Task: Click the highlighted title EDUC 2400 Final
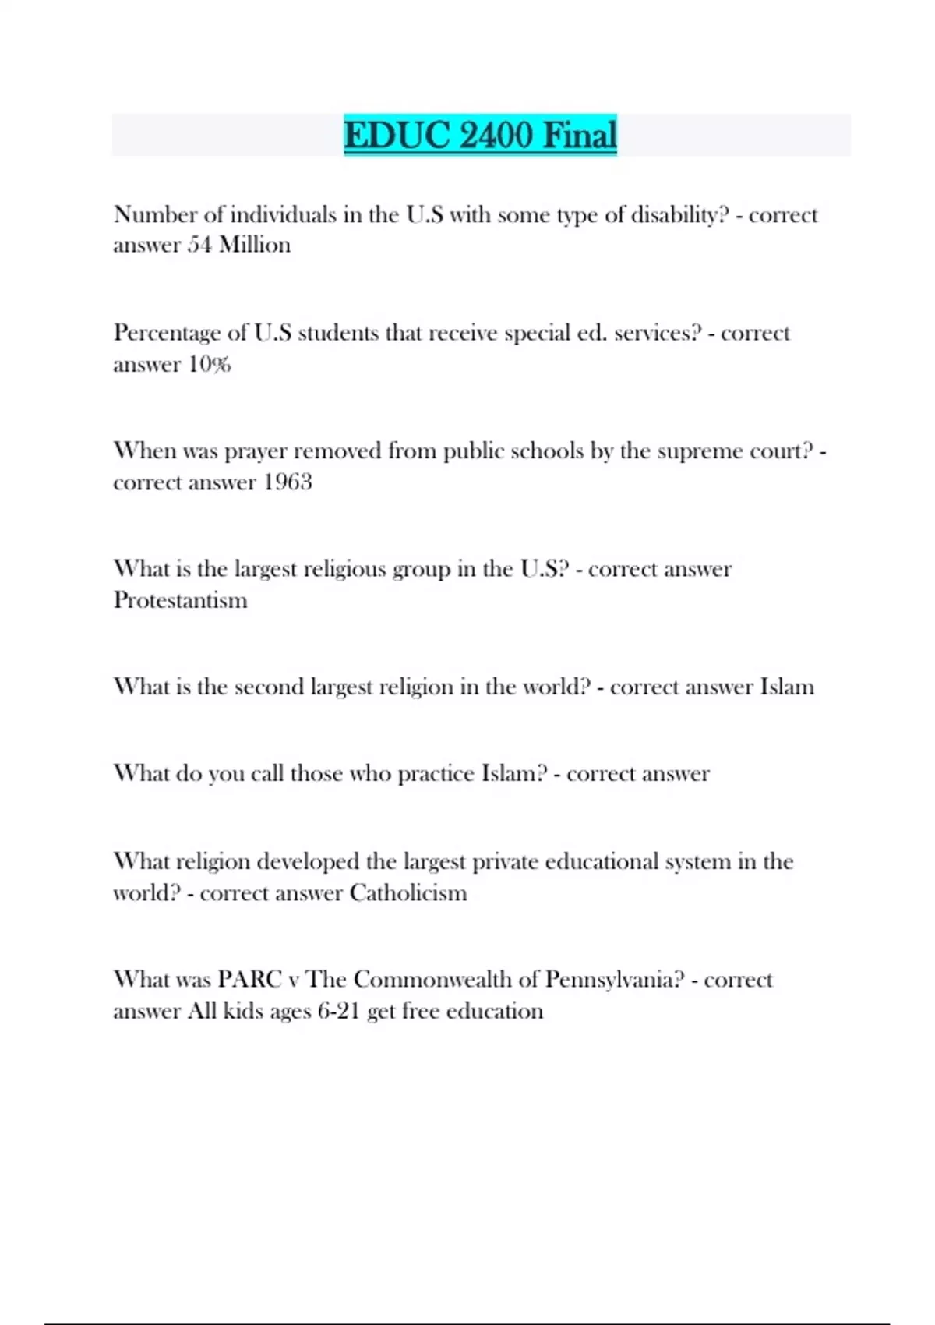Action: point(480,135)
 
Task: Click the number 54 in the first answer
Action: point(199,246)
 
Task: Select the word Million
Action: point(255,246)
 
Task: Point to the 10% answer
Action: point(210,364)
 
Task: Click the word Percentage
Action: point(167,334)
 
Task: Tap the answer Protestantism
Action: point(180,600)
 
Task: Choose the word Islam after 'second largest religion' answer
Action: point(787,687)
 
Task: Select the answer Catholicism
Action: point(408,892)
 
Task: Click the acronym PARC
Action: point(249,979)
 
